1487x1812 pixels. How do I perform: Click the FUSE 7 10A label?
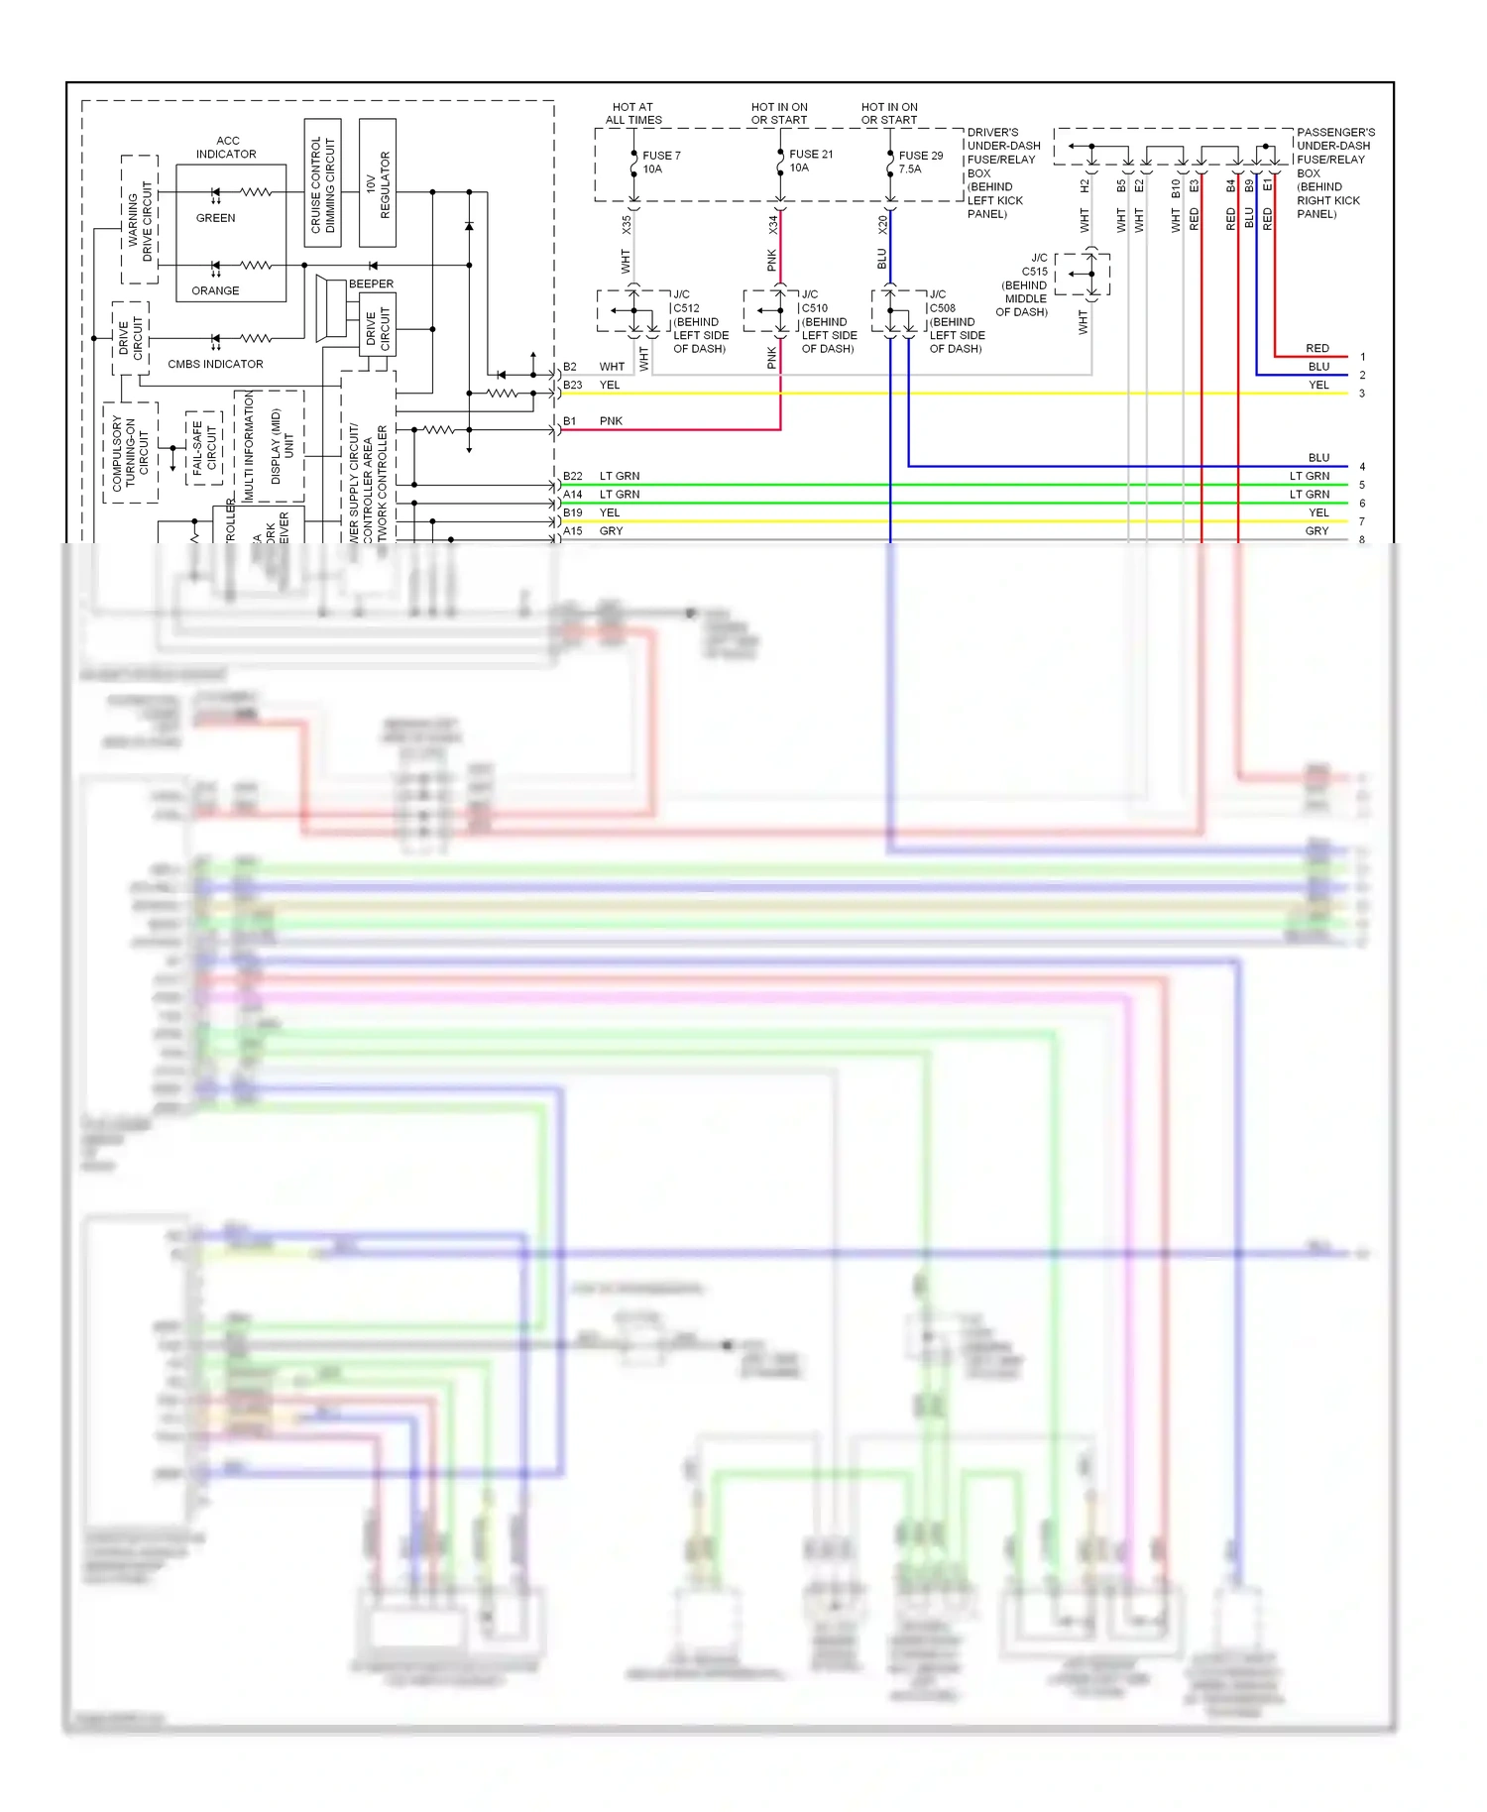(x=660, y=163)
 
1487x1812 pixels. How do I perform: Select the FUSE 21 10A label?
(x=810, y=161)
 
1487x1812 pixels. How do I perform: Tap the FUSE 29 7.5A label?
(x=920, y=163)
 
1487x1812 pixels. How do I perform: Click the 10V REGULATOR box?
(x=378, y=183)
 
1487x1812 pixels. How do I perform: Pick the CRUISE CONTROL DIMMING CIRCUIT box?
(x=322, y=183)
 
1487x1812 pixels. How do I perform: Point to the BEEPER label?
(x=371, y=283)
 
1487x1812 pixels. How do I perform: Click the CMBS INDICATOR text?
(x=215, y=364)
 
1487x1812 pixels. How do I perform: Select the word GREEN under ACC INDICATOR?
(x=215, y=218)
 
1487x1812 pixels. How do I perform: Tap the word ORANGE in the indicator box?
(x=215, y=290)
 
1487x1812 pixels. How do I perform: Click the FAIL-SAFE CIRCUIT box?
(x=203, y=447)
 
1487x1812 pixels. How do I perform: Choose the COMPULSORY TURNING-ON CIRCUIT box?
(x=130, y=453)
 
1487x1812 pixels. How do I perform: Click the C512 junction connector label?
(x=686, y=308)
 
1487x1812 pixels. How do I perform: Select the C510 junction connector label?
(x=815, y=308)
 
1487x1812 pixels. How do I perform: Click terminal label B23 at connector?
(x=573, y=385)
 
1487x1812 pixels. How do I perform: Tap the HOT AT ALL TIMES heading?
(x=633, y=113)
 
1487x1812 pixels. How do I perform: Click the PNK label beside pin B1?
(x=611, y=421)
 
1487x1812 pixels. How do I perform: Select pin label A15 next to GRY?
(x=573, y=531)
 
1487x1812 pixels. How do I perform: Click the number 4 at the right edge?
(x=1362, y=467)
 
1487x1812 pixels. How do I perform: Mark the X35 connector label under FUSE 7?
(x=626, y=225)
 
